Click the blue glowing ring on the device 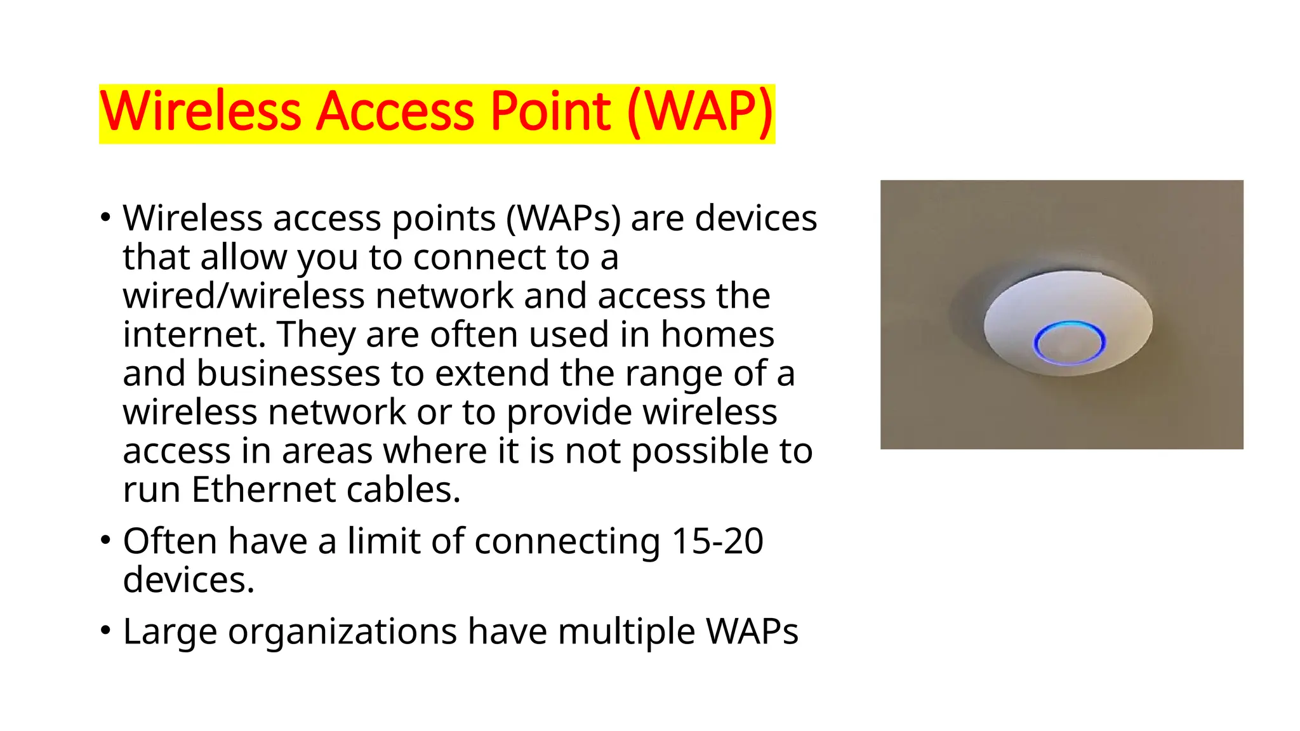click(x=1069, y=342)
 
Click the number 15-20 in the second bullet click(x=717, y=541)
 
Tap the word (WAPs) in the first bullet click(x=564, y=219)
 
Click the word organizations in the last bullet click(x=342, y=632)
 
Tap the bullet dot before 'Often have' click(x=105, y=541)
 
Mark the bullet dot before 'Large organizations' click(x=105, y=631)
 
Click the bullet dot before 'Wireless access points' click(x=105, y=218)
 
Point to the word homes click(x=717, y=334)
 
